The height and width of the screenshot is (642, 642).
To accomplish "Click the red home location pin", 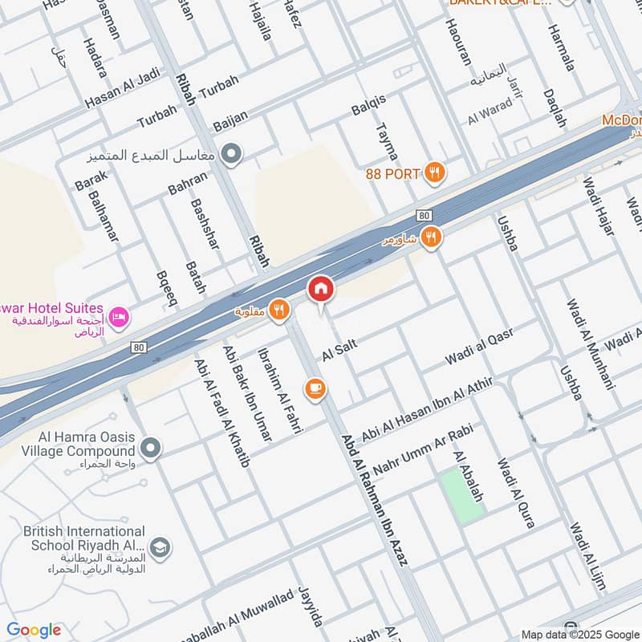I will (x=321, y=289).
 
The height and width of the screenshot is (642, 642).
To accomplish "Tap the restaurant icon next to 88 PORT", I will (x=435, y=171).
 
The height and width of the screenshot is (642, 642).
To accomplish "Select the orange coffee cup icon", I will (x=315, y=388).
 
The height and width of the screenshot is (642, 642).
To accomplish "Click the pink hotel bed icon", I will (x=120, y=319).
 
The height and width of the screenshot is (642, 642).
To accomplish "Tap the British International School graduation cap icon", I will (x=160, y=547).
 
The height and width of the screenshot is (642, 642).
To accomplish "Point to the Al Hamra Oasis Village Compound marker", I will (x=150, y=446).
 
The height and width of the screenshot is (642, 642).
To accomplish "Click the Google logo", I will (x=33, y=630).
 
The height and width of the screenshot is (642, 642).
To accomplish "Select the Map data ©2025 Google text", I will (x=579, y=633).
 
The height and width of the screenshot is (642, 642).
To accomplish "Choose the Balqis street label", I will (x=368, y=104).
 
